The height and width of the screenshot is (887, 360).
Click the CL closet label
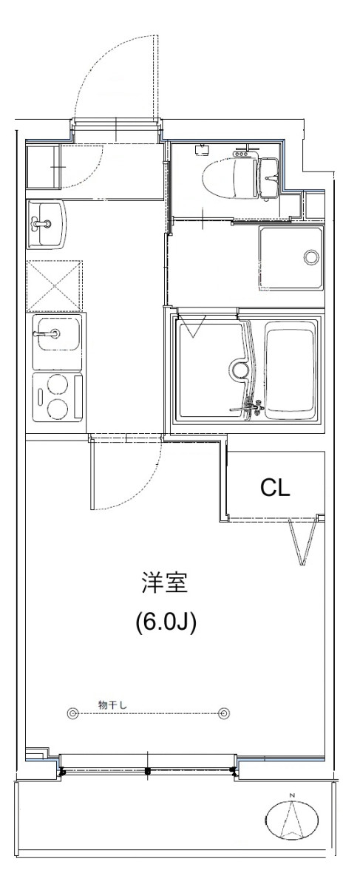click(275, 488)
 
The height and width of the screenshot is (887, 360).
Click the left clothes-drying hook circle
click(72, 713)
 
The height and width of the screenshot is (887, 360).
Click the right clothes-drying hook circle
click(224, 713)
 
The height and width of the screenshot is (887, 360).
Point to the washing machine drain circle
click(311, 257)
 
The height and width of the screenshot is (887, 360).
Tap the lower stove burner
click(58, 408)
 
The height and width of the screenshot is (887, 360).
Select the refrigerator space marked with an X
click(55, 285)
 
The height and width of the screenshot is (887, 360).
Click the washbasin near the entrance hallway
click(46, 224)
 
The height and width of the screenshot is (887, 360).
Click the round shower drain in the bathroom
click(240, 370)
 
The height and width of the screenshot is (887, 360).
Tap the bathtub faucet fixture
click(248, 407)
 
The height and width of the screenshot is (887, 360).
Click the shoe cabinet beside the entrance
click(43, 166)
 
